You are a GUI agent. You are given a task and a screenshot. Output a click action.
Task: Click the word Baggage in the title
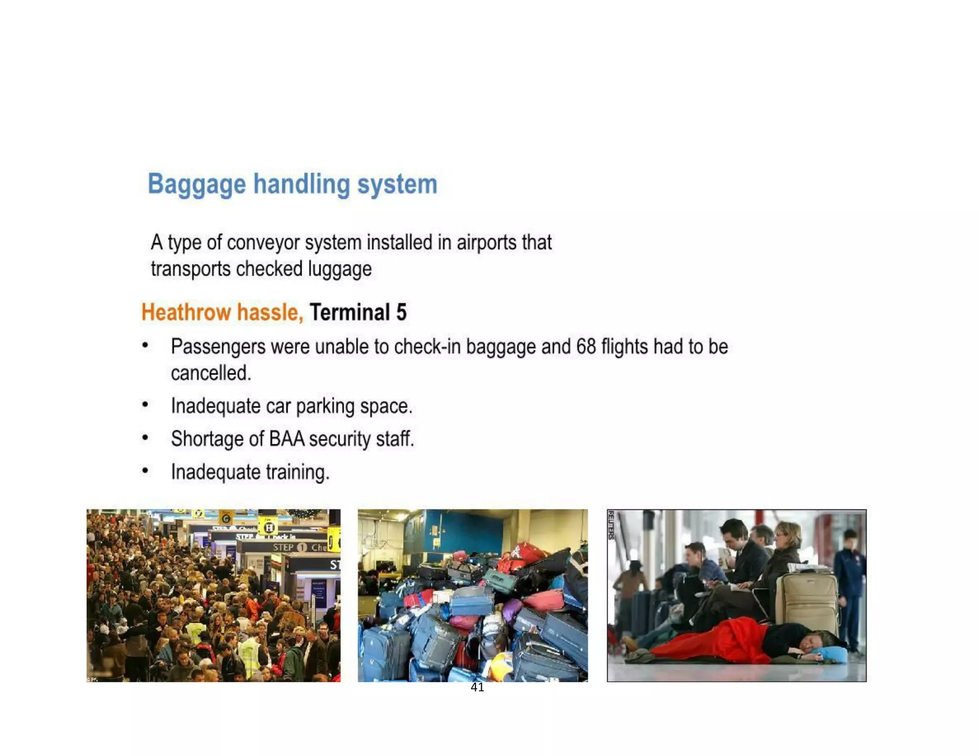tap(196, 184)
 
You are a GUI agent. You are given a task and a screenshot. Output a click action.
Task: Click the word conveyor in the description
tap(263, 243)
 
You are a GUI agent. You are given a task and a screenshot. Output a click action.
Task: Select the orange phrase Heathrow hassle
tap(222, 313)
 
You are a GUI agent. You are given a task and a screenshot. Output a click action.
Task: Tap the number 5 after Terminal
tap(401, 313)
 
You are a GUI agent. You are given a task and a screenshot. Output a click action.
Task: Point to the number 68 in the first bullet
tap(586, 347)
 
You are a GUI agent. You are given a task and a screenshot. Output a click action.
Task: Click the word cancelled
tap(211, 373)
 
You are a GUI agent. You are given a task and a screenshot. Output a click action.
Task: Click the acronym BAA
tap(286, 439)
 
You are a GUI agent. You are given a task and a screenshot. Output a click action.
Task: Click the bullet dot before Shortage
tap(145, 437)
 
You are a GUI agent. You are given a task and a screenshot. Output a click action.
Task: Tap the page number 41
tap(477, 688)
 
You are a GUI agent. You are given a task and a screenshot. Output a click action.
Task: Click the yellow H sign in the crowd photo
tap(269, 528)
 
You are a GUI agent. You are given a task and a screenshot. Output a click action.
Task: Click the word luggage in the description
tap(339, 269)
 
